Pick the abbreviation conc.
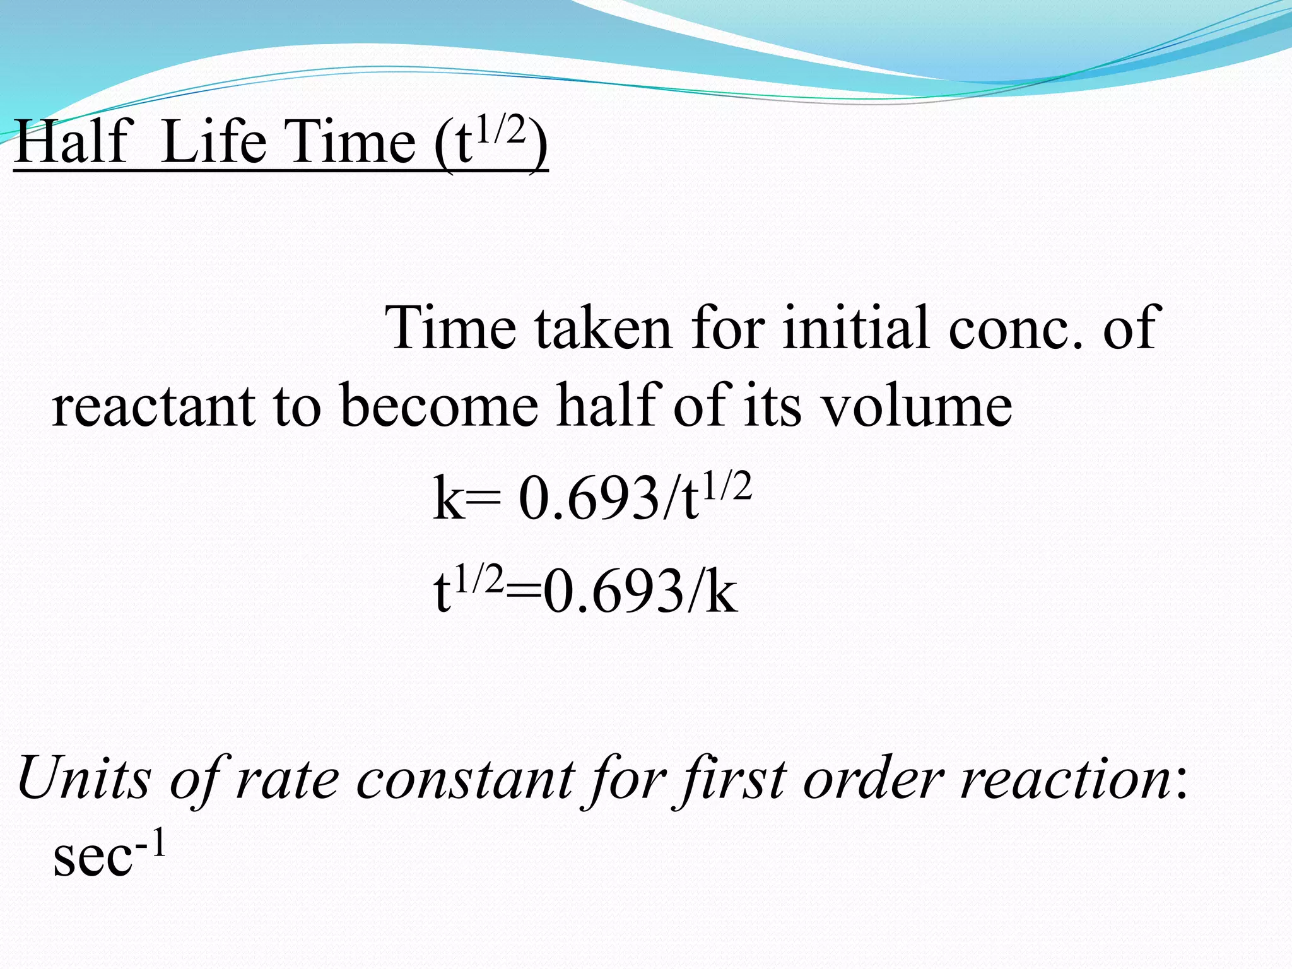click(1015, 329)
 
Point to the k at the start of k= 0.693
click(449, 499)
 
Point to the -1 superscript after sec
click(151, 843)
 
